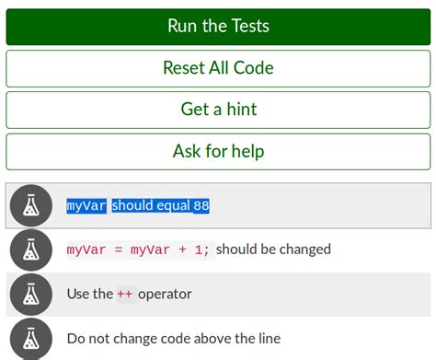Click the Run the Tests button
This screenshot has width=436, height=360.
[218, 27]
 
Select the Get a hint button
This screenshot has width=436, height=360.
[218, 110]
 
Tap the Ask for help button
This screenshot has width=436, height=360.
[218, 151]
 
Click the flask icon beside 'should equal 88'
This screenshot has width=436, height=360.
[30, 205]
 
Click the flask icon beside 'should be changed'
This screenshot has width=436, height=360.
[30, 249]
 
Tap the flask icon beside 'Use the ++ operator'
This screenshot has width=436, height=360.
[30, 294]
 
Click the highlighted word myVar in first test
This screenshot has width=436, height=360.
[86, 206]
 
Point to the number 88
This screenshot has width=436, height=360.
[201, 206]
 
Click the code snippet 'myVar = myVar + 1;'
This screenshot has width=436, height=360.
[138, 250]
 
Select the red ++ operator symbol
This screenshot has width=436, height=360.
[125, 295]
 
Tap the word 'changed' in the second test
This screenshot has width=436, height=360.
[304, 250]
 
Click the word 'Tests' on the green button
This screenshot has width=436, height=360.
[248, 27]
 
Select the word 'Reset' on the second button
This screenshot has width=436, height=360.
[184, 68]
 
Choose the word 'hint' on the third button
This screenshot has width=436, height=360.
[239, 110]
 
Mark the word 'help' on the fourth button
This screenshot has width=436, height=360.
[246, 151]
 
